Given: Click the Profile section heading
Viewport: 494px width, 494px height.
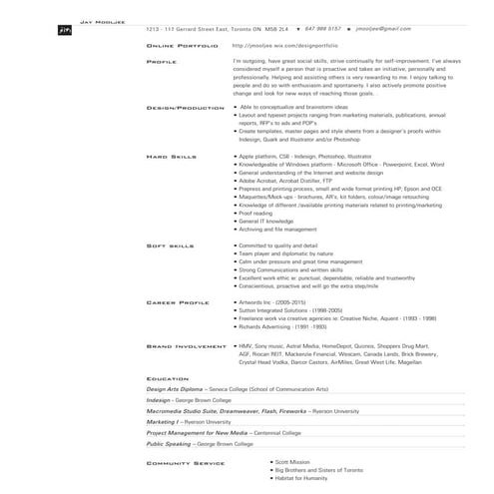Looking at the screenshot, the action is [162, 61].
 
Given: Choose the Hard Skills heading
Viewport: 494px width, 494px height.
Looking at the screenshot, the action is [171, 157].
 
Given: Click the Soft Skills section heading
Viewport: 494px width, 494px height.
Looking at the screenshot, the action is [170, 245].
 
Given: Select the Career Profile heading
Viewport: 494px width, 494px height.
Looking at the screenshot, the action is [176, 300].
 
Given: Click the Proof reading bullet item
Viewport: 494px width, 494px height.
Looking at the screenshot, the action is [256, 212].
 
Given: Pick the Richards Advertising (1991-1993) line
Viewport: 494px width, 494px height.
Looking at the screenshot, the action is [283, 326].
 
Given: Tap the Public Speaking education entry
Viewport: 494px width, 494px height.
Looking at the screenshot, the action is [214, 444].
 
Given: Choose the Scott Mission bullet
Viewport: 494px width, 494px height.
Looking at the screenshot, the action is [295, 463].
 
